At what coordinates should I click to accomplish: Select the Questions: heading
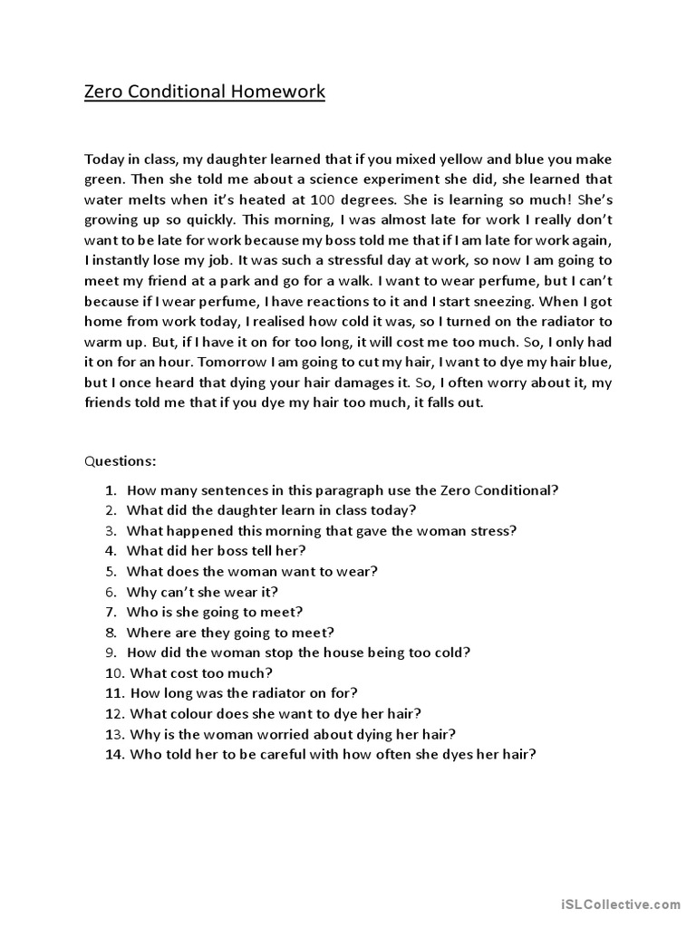pos(121,460)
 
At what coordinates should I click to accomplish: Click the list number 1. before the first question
pos(111,490)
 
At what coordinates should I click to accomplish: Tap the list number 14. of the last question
pos(114,753)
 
